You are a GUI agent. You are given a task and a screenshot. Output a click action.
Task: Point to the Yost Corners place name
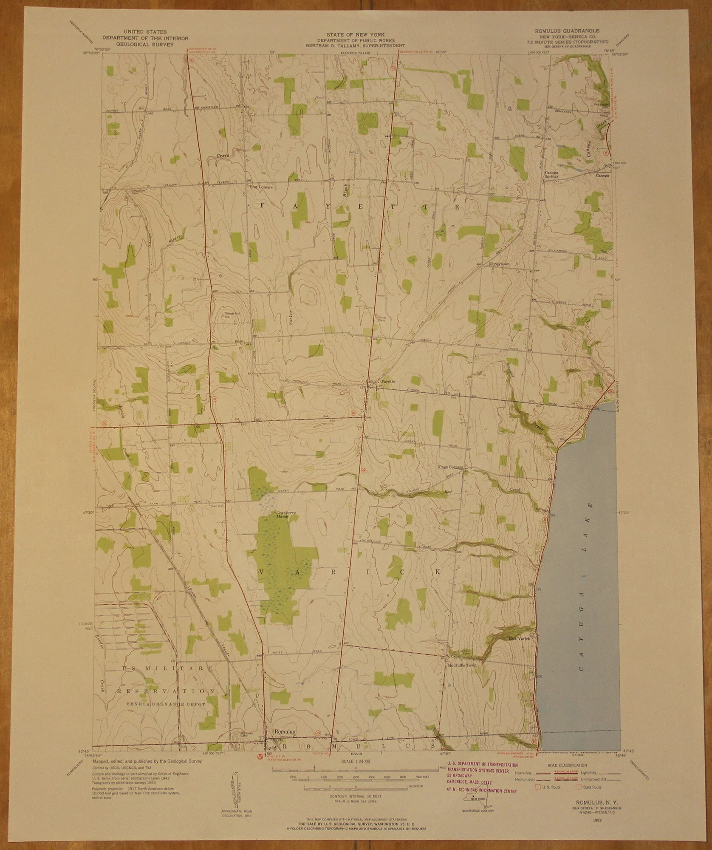point(261,187)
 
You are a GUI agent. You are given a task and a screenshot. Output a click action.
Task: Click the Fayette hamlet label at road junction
point(388,381)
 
